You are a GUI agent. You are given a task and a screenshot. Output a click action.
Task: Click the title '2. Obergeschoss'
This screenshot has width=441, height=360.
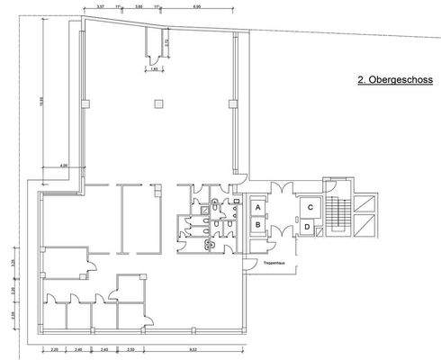[395, 80]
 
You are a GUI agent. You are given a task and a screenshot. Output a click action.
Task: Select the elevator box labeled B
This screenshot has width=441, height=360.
[258, 224]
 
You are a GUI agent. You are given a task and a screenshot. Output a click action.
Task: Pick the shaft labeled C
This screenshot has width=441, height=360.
[309, 207]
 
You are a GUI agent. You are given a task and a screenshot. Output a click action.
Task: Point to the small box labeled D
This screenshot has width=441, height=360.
[308, 227]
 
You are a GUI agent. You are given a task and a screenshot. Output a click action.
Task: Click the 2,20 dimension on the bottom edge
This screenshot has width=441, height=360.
[54, 349]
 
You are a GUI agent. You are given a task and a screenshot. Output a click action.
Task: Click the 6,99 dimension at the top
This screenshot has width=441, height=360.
[197, 6]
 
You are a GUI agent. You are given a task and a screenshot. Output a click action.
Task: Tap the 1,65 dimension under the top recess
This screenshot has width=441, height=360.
[154, 68]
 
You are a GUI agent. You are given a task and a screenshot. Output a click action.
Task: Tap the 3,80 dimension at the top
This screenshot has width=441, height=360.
[138, 6]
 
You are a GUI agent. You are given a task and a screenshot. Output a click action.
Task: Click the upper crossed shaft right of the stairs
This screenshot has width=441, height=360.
[367, 203]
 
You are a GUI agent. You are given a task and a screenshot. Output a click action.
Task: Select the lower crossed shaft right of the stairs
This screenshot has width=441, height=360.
[367, 227]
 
